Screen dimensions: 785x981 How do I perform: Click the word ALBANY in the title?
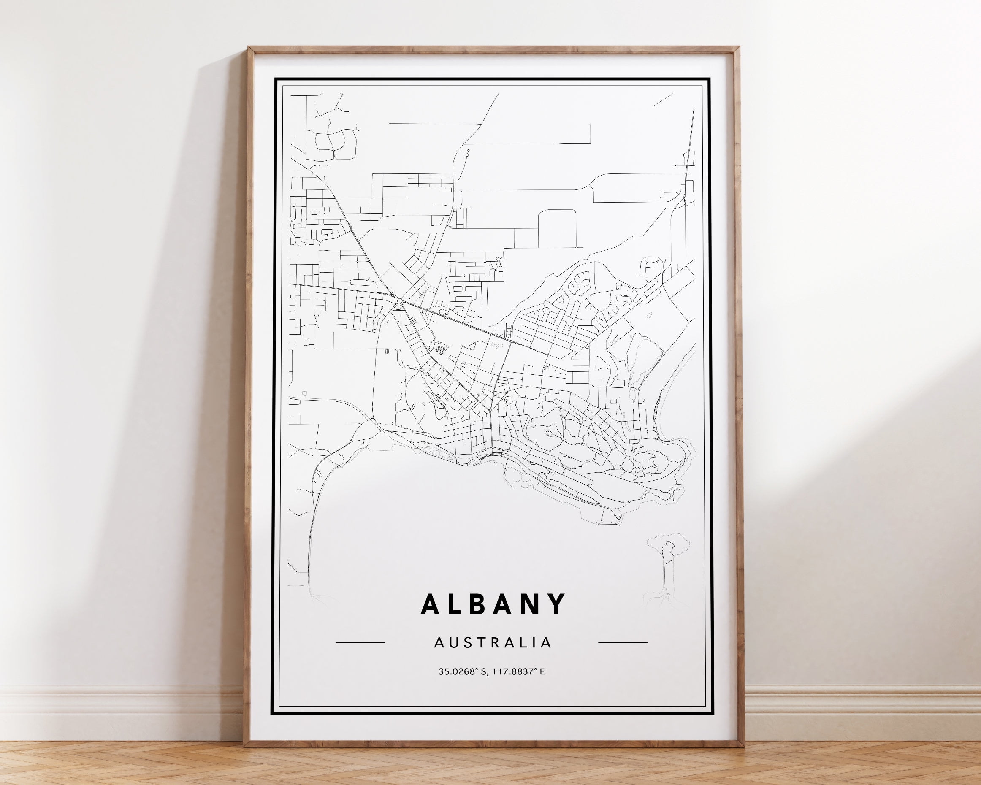coord(493,604)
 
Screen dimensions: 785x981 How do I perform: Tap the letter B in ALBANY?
coord(481,604)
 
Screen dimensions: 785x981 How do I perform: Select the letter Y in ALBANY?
coord(558,604)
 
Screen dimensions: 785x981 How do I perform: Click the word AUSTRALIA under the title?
coord(493,643)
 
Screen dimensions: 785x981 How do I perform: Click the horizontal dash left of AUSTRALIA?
coord(360,642)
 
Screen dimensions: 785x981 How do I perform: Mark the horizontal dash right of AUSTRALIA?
coord(623,642)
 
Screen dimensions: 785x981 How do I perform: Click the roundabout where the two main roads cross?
coord(399,300)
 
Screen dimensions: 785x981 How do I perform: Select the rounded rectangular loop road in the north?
coord(557,229)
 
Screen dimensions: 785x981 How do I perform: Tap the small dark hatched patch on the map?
coord(440,350)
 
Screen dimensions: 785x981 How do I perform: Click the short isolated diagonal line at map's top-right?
coord(663,100)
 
